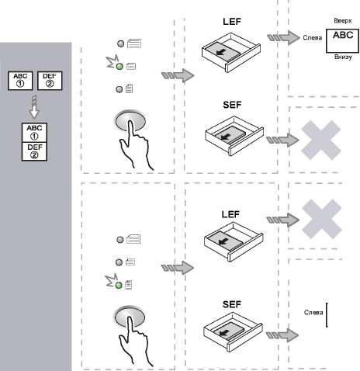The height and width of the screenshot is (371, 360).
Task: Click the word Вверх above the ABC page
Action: pyautogui.click(x=343, y=21)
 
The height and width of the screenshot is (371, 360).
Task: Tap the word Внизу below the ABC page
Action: pyautogui.click(x=343, y=57)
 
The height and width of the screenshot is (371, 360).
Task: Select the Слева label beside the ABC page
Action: pyautogui.click(x=313, y=38)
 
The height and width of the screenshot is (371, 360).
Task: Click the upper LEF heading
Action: pyautogui.click(x=232, y=22)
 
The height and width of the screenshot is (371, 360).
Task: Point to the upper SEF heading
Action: pyautogui.click(x=232, y=105)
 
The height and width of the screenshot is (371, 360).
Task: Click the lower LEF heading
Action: pyautogui.click(x=230, y=214)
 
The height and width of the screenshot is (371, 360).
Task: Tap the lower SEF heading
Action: pyautogui.click(x=232, y=304)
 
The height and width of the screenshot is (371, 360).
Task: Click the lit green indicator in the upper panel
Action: pyautogui.click(x=119, y=67)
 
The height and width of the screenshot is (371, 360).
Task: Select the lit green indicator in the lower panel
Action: pyautogui.click(x=119, y=286)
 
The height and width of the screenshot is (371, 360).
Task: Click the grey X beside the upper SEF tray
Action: pyautogui.click(x=321, y=140)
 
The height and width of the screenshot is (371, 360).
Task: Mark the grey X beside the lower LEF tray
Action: pyautogui.click(x=322, y=219)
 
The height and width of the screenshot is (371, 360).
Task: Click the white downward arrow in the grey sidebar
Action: pyautogui.click(x=34, y=106)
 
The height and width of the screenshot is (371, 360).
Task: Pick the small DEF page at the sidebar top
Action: pyautogui.click(x=50, y=81)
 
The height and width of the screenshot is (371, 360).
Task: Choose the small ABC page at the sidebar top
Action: pyautogui.click(x=20, y=81)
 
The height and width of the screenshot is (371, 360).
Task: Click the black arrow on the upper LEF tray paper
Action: pyautogui.click(x=220, y=53)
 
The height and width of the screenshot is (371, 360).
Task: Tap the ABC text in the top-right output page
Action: pyautogui.click(x=343, y=35)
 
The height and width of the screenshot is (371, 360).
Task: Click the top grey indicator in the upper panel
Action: pyautogui.click(x=120, y=43)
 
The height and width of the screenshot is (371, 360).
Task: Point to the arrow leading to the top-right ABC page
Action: pyautogui.click(x=283, y=38)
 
